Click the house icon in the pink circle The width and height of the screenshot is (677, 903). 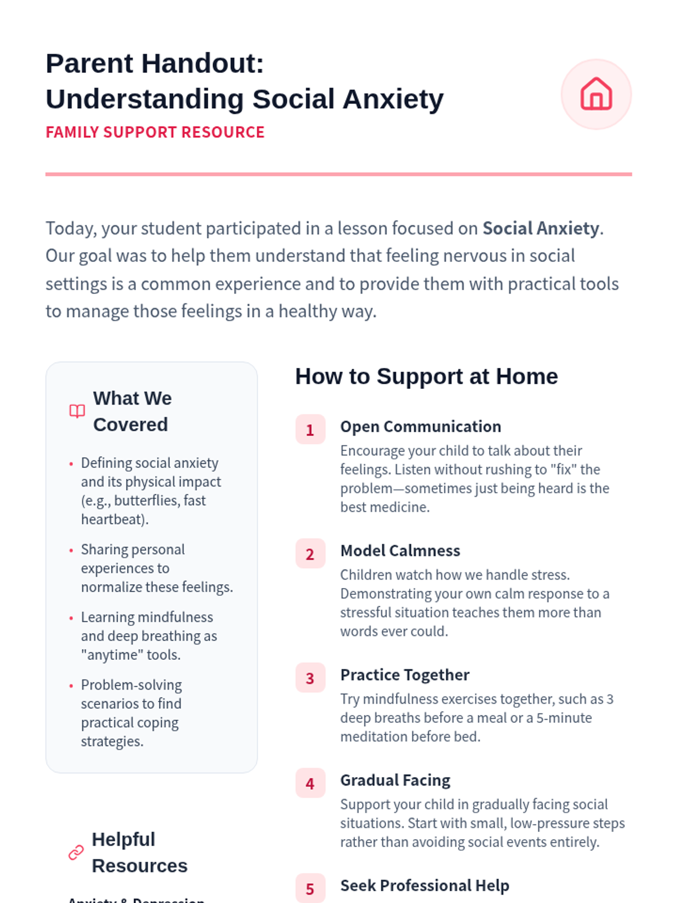coord(596,94)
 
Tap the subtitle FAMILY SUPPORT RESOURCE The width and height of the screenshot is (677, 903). coord(155,132)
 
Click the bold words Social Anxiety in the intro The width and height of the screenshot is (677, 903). coord(540,228)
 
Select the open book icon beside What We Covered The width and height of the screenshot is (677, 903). coord(77,411)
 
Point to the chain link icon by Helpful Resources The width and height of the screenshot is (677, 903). coord(76,852)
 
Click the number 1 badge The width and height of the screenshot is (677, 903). coord(310,429)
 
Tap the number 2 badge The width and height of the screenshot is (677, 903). coord(310,554)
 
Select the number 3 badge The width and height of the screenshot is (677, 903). coord(310,678)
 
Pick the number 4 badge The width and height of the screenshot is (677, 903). coord(310,783)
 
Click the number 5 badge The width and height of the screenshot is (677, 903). coord(310,889)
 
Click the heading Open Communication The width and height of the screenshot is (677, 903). coord(420,427)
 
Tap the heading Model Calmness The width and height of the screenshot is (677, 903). coord(400,551)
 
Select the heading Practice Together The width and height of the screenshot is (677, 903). coord(405,675)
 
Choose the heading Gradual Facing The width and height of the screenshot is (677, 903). coord(395,781)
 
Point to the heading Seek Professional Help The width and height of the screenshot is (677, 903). coord(424,886)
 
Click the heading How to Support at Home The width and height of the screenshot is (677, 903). coord(427,376)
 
